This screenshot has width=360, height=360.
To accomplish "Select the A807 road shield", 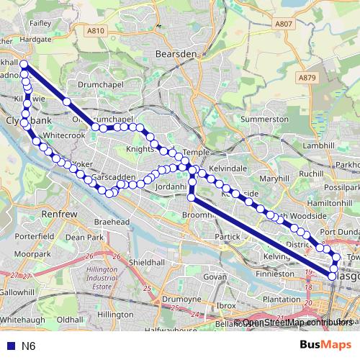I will (x=284, y=24).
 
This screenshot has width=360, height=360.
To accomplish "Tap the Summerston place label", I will (x=265, y=119).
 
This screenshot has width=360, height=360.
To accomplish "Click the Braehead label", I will (x=112, y=223).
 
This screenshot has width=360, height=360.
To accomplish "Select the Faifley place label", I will (x=40, y=23).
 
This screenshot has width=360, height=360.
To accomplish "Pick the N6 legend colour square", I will (x=8, y=346).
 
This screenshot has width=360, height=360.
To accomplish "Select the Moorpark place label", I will (x=32, y=254).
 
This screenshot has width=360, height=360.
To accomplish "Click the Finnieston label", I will (x=274, y=274).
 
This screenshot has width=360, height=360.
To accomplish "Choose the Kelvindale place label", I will (x=228, y=167).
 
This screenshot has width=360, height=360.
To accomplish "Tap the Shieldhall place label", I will (x=146, y=262).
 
